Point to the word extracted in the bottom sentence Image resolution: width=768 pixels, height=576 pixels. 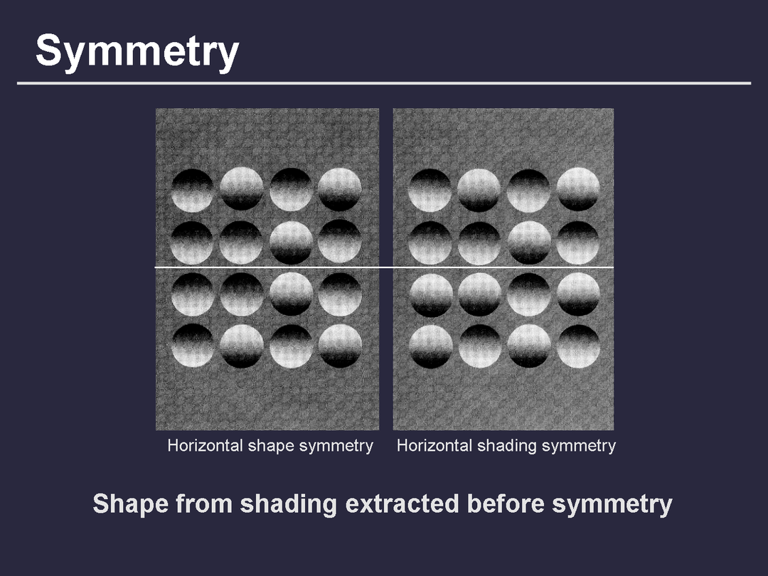pyautogui.click(x=402, y=503)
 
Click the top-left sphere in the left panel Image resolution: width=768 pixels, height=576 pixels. pyautogui.click(x=193, y=190)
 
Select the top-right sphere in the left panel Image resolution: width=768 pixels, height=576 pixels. pyautogui.click(x=339, y=189)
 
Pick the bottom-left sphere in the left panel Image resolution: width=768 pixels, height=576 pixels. pyautogui.click(x=193, y=346)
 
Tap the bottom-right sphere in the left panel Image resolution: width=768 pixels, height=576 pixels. pyautogui.click(x=340, y=346)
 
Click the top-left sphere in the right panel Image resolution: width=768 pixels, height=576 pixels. pyautogui.click(x=430, y=190)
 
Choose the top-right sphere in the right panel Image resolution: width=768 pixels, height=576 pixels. pyautogui.click(x=578, y=189)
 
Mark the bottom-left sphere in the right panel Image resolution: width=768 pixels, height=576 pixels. pyautogui.click(x=430, y=347)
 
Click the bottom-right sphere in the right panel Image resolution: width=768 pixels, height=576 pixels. pyautogui.click(x=578, y=346)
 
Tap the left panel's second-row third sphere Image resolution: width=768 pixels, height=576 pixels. pyautogui.click(x=291, y=242)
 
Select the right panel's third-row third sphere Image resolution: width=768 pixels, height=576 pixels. pyautogui.click(x=529, y=294)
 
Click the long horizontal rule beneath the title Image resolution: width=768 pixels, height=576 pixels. pyautogui.click(x=384, y=83)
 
